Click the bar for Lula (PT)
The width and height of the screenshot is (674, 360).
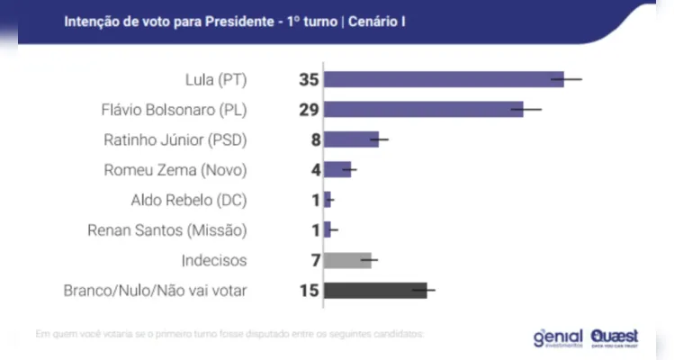coord(444,79)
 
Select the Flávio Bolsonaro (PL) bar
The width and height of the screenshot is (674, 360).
coord(423,109)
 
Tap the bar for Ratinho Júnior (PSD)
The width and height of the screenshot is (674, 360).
coord(352,139)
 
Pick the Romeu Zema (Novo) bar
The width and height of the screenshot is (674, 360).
coord(337,169)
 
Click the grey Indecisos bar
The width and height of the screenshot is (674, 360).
coord(347,260)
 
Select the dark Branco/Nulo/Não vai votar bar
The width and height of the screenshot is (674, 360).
coord(375,290)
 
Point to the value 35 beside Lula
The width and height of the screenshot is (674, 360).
coord(310,79)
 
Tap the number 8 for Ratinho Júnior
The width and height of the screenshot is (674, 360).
coord(315,139)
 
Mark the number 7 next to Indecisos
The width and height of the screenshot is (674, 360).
coord(315,260)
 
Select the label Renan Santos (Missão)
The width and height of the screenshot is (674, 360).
coord(166,229)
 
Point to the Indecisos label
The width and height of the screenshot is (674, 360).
coord(213,260)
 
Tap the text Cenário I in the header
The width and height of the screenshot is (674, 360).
coord(373,19)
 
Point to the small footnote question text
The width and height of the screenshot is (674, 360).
coord(229,334)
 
